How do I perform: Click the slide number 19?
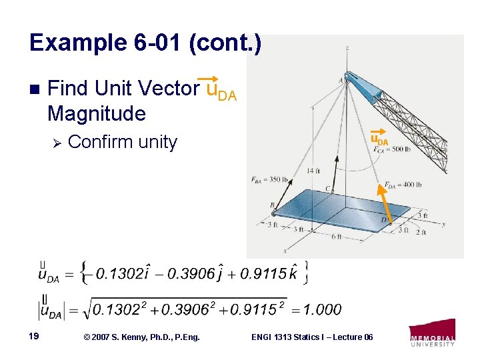[x=33, y=337]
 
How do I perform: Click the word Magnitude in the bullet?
[x=97, y=114]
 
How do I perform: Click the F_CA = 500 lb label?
[x=393, y=149]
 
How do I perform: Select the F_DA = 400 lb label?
[x=404, y=185]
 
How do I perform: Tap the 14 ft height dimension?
[x=313, y=171]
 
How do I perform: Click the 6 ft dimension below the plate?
[x=337, y=236]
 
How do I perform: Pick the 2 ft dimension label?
[x=421, y=232]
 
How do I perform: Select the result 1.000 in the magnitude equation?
[x=322, y=309]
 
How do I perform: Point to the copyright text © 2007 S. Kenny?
[x=141, y=337]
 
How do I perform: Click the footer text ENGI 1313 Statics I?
[x=311, y=337]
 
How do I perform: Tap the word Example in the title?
[x=73, y=44]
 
